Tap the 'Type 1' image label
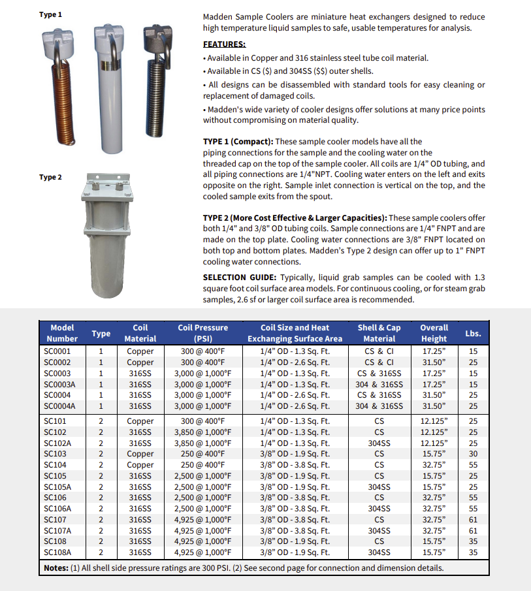50,14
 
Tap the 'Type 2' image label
50,177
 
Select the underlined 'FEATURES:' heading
225,44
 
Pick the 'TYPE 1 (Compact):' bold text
248,141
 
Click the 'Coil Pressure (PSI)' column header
203,332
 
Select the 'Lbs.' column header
473,333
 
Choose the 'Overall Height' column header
434,332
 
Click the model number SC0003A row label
60,384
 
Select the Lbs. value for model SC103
473,453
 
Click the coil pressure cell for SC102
203,432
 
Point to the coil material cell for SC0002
140,362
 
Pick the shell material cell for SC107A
379,530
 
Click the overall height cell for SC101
434,421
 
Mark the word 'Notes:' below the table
56,567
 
